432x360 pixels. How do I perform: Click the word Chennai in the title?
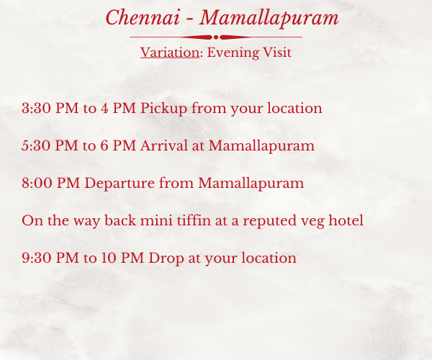coord(143,17)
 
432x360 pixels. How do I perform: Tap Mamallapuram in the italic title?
coord(269,19)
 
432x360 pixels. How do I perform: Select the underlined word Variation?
coord(170,53)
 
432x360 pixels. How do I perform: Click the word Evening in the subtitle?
coord(233,53)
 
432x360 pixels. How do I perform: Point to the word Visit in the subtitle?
coord(277,53)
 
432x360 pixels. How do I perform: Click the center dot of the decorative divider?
coord(216,37)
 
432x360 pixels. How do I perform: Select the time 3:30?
coord(37,108)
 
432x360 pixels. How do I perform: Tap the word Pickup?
coord(164,109)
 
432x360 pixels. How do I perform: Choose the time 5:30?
coord(36,145)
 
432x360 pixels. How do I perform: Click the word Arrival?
coord(164,145)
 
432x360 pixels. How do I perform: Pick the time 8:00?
coord(37,183)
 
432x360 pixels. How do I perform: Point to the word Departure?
coord(120,184)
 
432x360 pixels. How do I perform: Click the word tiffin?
coord(194,220)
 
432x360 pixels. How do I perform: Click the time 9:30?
coord(37,258)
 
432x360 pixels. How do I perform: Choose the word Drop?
coord(166,258)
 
